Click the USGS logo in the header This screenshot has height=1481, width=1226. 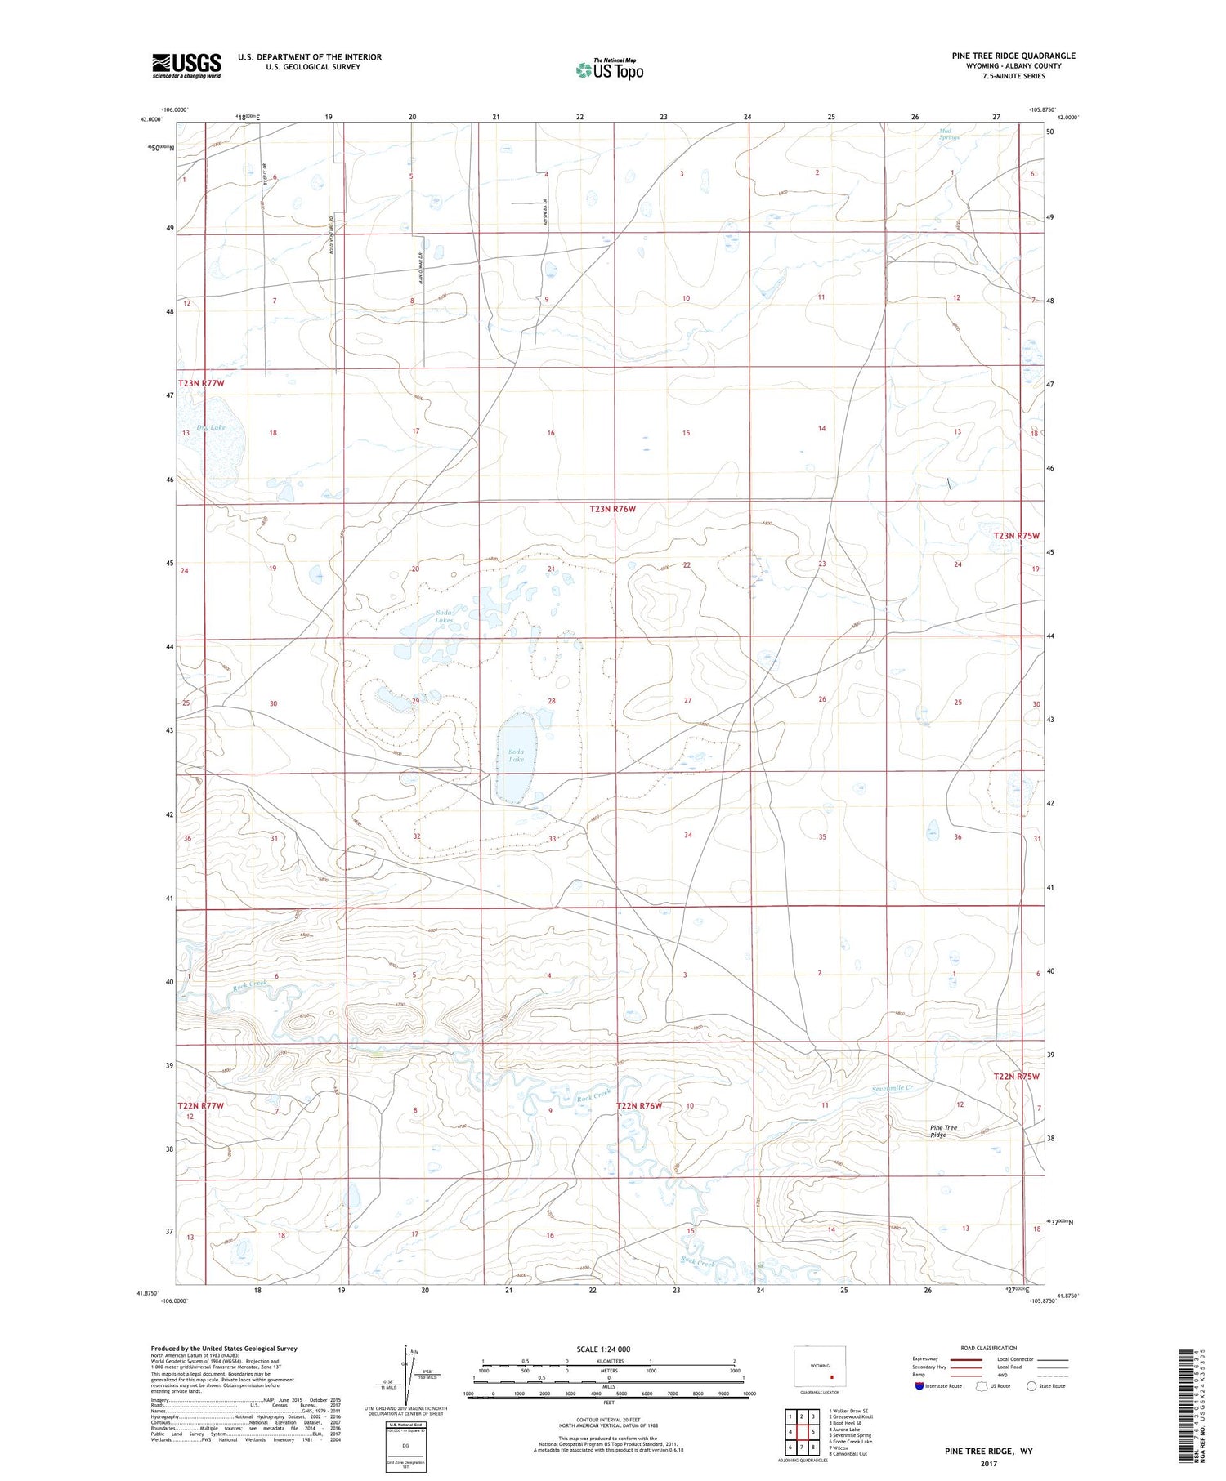186,65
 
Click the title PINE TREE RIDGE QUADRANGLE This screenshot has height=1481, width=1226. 1013,56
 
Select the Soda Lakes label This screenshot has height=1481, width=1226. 444,616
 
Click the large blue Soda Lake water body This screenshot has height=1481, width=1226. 516,756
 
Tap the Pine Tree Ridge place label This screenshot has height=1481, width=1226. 943,1131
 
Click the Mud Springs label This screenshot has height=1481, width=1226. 949,134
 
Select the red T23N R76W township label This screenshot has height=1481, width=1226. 612,509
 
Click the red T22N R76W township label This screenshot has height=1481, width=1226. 639,1105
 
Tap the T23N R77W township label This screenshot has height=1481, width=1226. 201,383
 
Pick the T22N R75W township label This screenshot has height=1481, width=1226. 1016,1077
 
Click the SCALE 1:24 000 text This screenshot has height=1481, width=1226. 608,1349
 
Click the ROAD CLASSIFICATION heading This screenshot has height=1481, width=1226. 989,1348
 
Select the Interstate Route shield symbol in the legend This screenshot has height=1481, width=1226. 919,1386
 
